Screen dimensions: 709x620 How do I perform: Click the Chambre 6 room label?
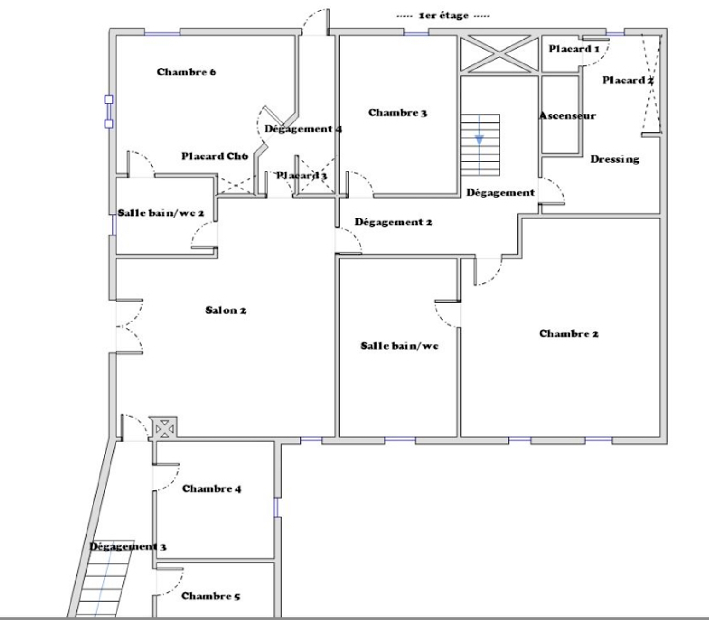click(186, 72)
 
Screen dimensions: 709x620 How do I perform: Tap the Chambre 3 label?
click(397, 113)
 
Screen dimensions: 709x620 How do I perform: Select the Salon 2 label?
click(226, 310)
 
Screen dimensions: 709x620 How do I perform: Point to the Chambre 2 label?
click(569, 334)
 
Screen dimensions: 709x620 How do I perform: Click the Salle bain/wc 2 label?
click(161, 213)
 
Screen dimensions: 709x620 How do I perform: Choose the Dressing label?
click(615, 160)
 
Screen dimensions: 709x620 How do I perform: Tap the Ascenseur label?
click(568, 115)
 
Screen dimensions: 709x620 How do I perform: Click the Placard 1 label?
click(574, 49)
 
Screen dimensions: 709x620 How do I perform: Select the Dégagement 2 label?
click(393, 222)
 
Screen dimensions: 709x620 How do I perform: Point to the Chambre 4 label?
click(211, 489)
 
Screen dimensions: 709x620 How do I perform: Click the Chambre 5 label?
click(211, 596)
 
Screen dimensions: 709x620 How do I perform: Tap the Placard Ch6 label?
click(215, 156)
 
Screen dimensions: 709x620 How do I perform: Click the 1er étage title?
click(443, 16)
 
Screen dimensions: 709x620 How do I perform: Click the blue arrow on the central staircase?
click(479, 140)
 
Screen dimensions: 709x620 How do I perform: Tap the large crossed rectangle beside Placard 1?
click(499, 54)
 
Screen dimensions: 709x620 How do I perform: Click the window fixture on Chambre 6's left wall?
click(109, 111)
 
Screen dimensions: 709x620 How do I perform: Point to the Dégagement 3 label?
click(128, 547)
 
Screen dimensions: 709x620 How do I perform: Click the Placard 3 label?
click(302, 176)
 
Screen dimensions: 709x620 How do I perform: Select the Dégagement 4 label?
click(303, 129)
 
